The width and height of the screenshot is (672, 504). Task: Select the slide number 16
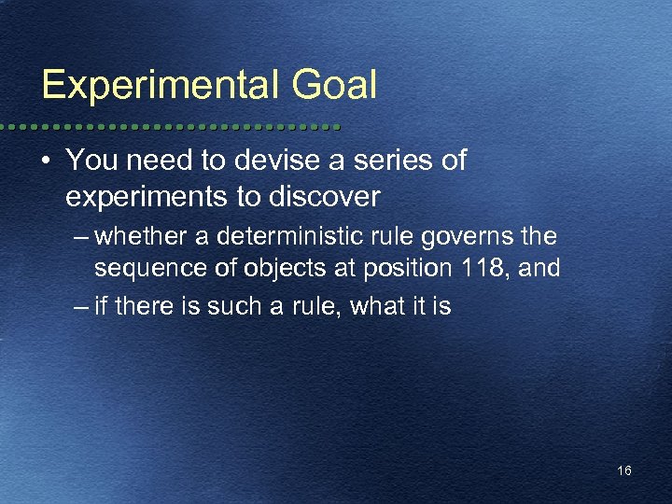click(x=624, y=470)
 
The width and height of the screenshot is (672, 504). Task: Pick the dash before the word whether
click(x=82, y=233)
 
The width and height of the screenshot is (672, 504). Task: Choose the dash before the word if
click(x=82, y=306)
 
